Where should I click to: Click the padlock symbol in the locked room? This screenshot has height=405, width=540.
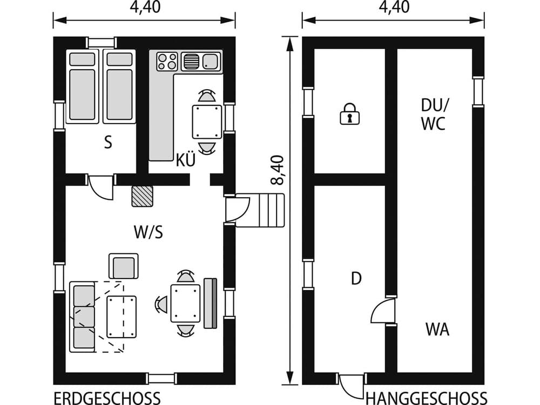coord(349,114)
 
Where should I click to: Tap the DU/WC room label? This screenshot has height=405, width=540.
coord(433,114)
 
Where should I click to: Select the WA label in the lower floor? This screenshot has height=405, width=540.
coord(437,329)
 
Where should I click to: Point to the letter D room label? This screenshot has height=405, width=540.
coord(356,279)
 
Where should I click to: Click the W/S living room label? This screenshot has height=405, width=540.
coord(148,232)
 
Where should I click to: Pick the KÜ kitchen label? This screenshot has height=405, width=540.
coord(185,160)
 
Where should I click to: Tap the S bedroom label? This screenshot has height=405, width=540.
coord(108,143)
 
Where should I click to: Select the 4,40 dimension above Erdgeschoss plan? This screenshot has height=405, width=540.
coord(144,7)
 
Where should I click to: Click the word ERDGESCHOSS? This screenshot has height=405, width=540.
coord(106,398)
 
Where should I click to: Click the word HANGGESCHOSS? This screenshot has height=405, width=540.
coord(426,398)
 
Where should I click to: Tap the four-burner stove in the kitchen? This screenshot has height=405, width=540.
coord(167,61)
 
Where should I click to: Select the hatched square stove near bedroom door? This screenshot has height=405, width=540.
coord(143,196)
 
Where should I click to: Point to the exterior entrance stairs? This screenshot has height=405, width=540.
coord(267,210)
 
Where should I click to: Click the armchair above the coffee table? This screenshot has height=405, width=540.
coord(123,266)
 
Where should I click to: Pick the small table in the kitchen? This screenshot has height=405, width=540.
coord(207,122)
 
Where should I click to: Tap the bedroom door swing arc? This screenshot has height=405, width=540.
coord(101,187)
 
